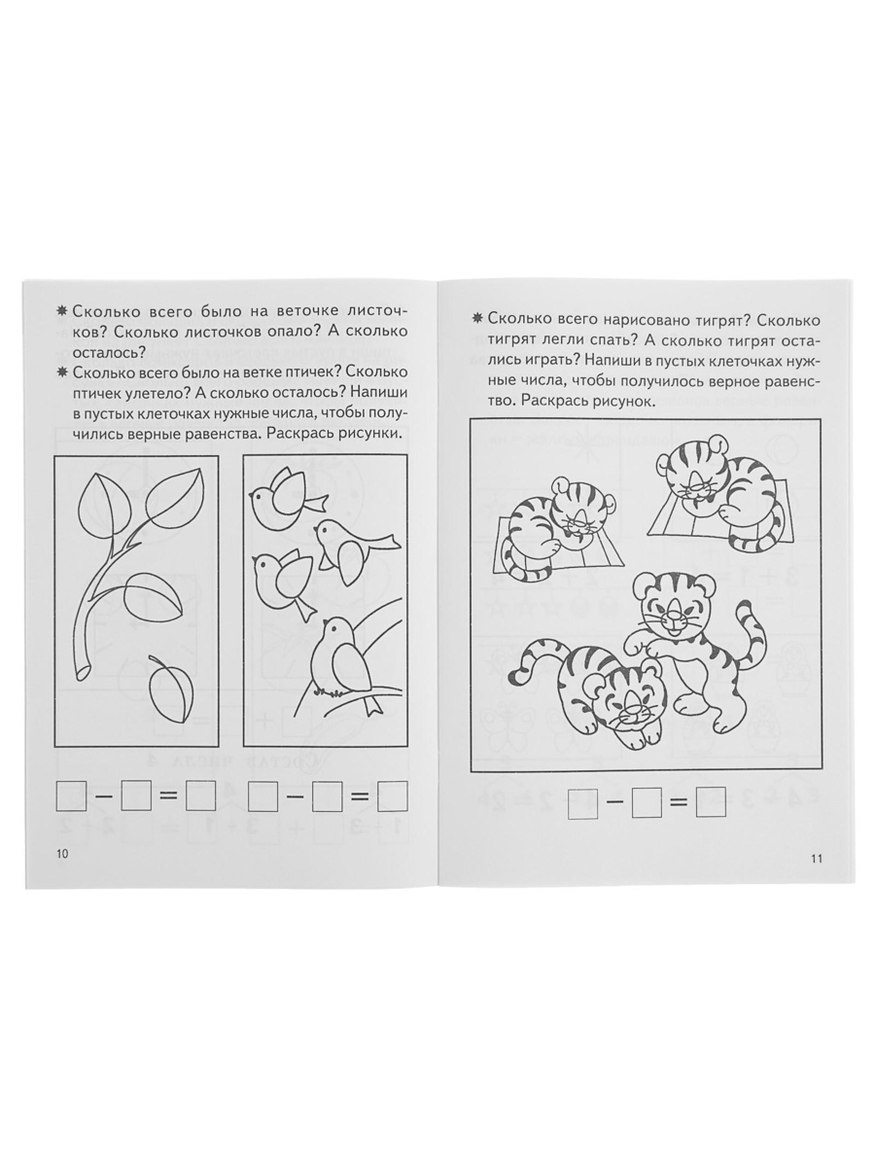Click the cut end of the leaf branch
click(x=85, y=673)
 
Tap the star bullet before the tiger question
click(x=477, y=320)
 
